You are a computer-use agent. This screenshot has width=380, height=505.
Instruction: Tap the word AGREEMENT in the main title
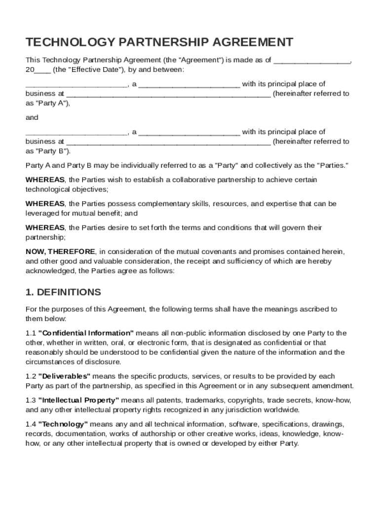click(241, 42)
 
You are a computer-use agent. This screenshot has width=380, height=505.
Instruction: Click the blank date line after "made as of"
click(312, 60)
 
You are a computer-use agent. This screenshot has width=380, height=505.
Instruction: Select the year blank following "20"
click(42, 70)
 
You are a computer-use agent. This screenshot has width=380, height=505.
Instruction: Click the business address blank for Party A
click(168, 93)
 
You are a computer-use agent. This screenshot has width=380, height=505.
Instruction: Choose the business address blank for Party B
click(168, 142)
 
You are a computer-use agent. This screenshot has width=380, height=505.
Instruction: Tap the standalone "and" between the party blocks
click(32, 118)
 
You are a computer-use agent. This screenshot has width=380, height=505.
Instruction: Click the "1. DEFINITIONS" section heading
click(63, 292)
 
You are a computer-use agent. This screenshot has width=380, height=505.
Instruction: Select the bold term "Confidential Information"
click(86, 333)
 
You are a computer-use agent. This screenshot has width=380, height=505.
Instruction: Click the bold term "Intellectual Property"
click(78, 400)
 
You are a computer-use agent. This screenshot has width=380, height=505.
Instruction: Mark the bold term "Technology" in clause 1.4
click(63, 424)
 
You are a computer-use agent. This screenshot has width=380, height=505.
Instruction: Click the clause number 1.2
click(31, 376)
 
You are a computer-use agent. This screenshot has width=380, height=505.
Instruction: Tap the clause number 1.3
click(31, 400)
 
